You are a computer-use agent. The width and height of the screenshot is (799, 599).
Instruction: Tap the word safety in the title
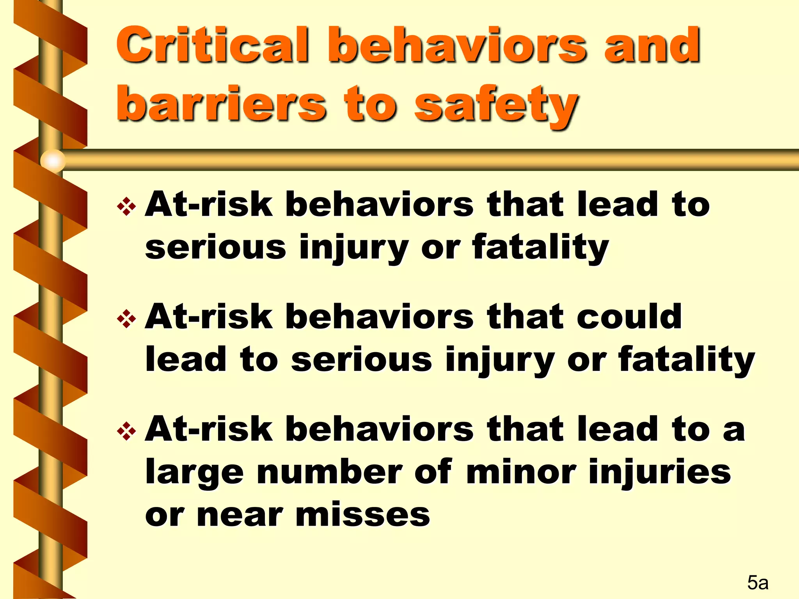point(496,105)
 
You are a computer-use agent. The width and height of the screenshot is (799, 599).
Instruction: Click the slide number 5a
point(758,582)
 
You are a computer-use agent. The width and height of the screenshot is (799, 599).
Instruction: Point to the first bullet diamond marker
point(126,206)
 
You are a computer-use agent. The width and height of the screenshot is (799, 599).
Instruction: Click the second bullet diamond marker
point(126,319)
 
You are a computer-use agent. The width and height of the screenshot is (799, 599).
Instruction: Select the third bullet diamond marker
point(126,431)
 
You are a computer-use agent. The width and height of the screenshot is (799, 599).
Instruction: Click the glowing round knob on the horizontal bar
point(53,160)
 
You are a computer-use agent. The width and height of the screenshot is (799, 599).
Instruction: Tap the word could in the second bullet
point(629,316)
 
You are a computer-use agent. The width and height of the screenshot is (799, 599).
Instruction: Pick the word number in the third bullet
point(329,471)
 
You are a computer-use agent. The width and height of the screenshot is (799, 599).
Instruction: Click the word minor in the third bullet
point(521,471)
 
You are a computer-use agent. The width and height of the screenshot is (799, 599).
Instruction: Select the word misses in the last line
point(363,515)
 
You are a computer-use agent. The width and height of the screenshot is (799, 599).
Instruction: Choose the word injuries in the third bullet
point(659,471)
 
